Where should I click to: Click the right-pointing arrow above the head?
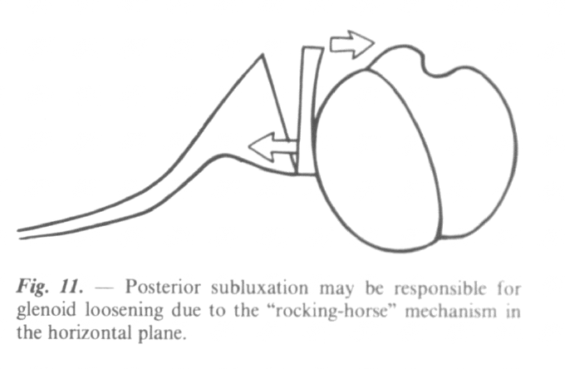(351, 44)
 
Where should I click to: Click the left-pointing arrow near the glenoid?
(272, 147)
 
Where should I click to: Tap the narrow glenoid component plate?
(309, 111)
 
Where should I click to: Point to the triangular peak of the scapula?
(263, 55)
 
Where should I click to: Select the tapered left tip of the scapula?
(19, 234)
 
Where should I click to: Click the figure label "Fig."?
(32, 288)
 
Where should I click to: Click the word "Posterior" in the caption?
(163, 288)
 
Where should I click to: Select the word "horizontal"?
(90, 333)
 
